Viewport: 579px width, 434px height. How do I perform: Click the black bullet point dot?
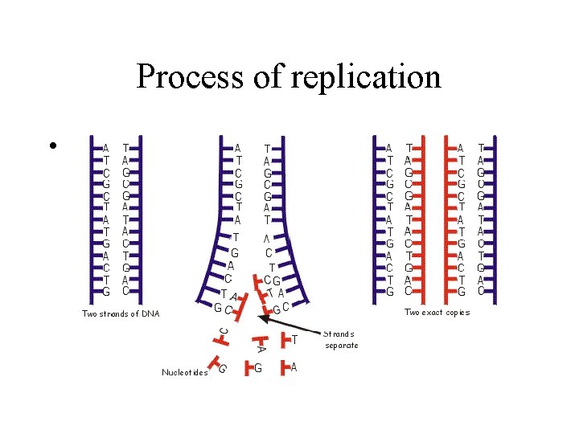[51, 146]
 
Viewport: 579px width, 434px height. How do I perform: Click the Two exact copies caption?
[437, 312]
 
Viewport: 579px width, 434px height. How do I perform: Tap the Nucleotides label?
[184, 372]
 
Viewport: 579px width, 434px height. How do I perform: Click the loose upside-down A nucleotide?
[260, 347]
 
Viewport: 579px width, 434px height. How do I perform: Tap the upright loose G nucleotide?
[257, 368]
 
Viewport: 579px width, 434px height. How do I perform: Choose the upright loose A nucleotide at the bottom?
[293, 367]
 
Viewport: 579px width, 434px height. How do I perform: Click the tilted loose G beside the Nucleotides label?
[221, 368]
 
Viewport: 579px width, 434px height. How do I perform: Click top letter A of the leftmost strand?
[105, 148]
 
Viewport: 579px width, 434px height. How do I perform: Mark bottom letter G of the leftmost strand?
[105, 291]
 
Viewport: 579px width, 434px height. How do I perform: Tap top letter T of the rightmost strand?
[481, 148]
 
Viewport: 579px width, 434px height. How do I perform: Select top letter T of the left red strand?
[409, 148]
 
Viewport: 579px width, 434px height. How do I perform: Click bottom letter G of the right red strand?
[461, 291]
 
